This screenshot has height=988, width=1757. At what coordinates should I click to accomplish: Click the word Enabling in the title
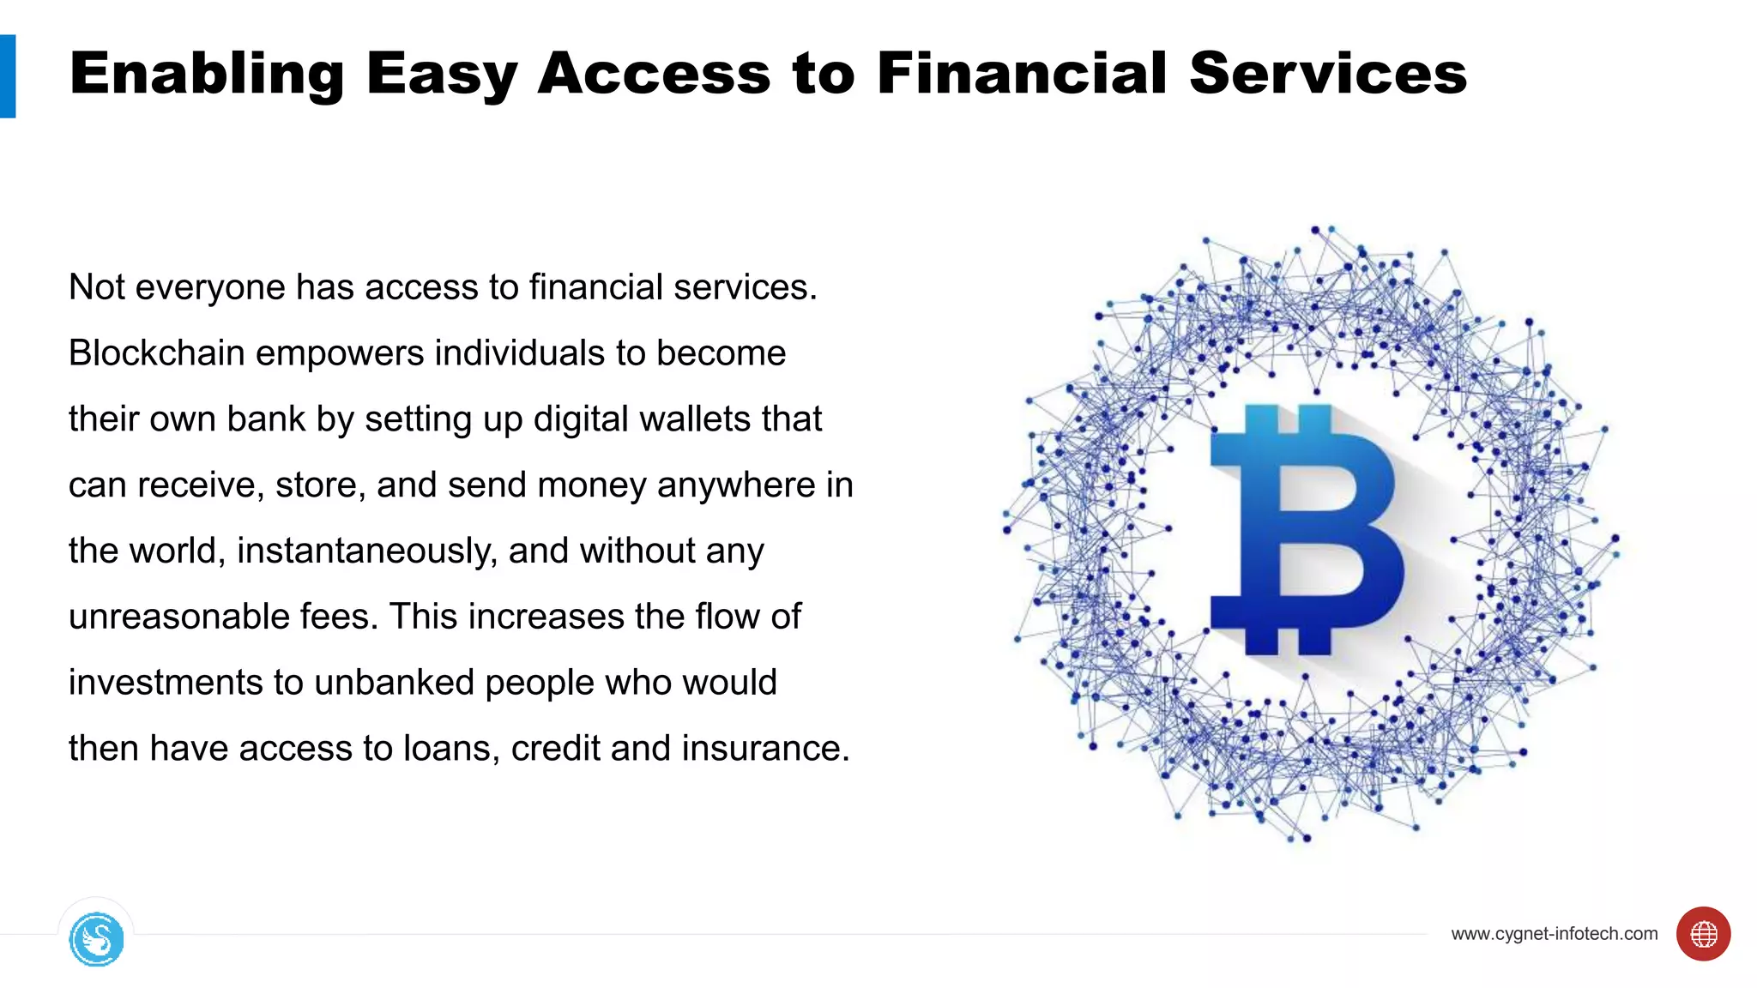pos(206,74)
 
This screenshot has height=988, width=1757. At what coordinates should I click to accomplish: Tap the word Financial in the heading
pos(1022,74)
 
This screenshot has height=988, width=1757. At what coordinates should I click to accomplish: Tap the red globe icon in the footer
pos(1703,934)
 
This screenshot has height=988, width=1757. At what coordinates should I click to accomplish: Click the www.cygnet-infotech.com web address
pos(1554,934)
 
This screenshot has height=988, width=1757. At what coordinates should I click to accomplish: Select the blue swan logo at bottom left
pos(96,940)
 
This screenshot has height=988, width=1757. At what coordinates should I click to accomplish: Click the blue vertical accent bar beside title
pos(8,75)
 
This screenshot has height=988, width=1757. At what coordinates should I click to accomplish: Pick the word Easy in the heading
pos(441,74)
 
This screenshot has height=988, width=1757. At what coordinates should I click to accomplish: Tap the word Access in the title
pos(654,74)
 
